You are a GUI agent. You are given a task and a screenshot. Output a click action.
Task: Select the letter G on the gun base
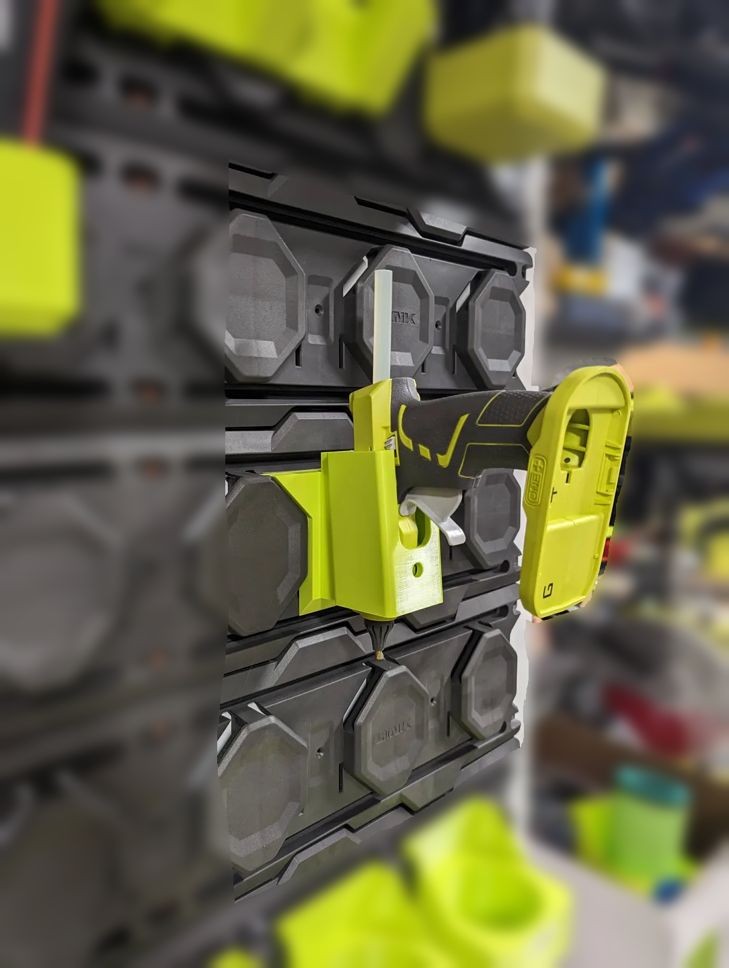coord(547,591)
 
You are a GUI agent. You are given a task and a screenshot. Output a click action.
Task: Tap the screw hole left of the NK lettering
coord(318,311)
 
